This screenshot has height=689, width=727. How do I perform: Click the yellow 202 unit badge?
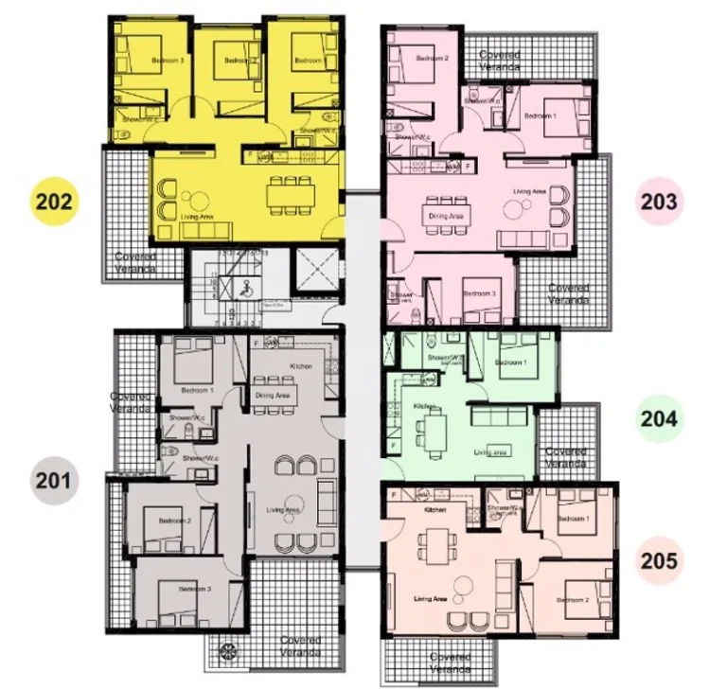point(55,202)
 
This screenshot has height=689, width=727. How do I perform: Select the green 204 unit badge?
point(659,418)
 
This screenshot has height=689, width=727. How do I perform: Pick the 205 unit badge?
point(659,560)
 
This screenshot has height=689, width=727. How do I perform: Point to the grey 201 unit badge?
point(53,480)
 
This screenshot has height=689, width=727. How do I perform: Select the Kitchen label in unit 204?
point(423,406)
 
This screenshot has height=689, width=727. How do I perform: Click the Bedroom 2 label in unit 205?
point(573,600)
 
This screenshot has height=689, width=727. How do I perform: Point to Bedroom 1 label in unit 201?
point(197,390)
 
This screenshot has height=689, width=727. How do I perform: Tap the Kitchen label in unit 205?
point(435,510)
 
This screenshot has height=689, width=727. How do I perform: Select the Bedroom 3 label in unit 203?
point(479,293)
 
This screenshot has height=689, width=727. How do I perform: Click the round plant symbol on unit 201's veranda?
point(229,651)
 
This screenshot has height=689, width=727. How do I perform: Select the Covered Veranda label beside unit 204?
point(565,458)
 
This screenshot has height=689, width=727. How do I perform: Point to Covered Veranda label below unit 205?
point(451,662)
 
